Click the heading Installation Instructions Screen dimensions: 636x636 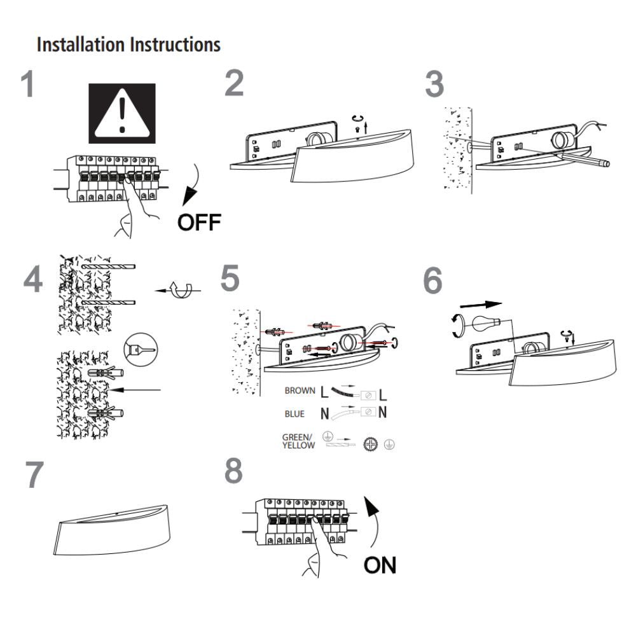click(129, 45)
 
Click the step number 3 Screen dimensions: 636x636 click(434, 85)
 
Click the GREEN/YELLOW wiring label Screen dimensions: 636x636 click(298, 441)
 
